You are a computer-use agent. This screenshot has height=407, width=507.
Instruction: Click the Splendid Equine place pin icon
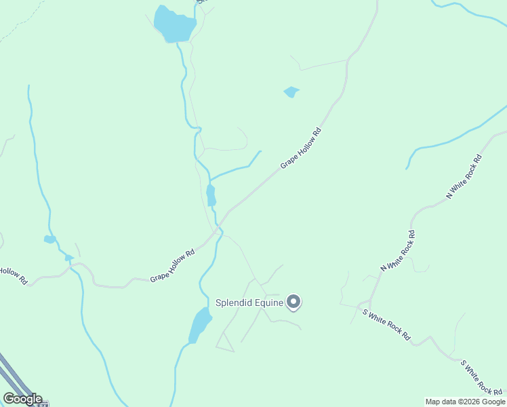[x=293, y=302]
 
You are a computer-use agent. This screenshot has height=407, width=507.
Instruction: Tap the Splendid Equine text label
[x=249, y=303]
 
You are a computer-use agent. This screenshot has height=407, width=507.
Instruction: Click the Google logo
[x=22, y=399]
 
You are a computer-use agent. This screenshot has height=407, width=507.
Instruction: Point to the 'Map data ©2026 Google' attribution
[x=466, y=402]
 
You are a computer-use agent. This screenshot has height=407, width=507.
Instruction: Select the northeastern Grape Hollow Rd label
[x=300, y=148]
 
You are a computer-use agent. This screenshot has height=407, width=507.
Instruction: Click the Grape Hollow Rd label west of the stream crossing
[x=172, y=265]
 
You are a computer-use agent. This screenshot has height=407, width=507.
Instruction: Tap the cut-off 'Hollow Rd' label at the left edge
[x=12, y=275]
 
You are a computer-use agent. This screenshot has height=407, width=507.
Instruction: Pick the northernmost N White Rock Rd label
[x=464, y=176]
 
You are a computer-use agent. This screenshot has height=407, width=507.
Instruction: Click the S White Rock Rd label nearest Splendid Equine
[x=387, y=324]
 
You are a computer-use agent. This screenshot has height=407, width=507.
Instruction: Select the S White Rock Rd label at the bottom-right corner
[x=482, y=377]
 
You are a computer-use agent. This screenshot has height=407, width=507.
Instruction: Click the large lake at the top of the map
[x=174, y=24]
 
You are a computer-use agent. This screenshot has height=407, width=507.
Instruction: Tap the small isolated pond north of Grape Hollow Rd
[x=291, y=92]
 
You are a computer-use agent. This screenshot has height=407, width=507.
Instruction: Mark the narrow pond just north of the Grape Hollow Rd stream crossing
[x=211, y=195]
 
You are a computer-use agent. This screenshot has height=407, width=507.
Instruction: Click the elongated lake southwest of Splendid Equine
[x=200, y=325]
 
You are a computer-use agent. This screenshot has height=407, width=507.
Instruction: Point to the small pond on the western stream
[x=49, y=239]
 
